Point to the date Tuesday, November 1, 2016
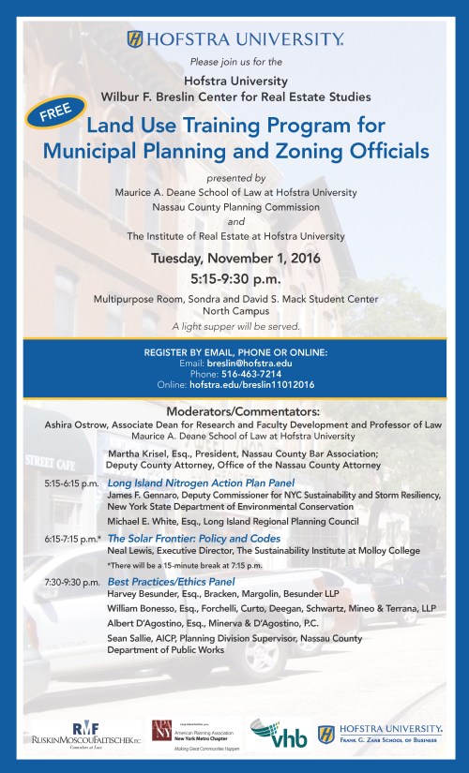(x=235, y=257)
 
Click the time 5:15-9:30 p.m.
(x=235, y=278)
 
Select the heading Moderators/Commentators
(x=234, y=411)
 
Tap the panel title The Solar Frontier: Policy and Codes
(x=194, y=539)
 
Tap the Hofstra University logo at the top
(x=234, y=39)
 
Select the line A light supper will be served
(x=235, y=326)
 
